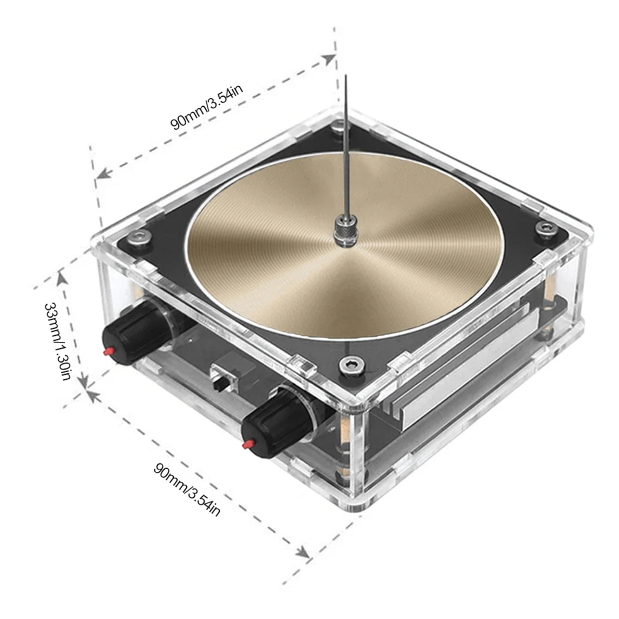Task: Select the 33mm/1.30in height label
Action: (x=57, y=341)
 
